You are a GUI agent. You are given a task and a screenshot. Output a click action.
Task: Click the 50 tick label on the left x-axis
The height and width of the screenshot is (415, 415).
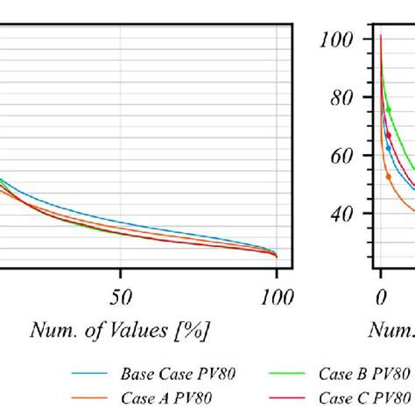pos(122,299)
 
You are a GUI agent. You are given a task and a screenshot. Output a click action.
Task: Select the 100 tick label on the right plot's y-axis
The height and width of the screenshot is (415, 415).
pos(335,40)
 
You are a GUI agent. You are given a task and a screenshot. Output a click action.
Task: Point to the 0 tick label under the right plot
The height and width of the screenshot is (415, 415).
pos(381,299)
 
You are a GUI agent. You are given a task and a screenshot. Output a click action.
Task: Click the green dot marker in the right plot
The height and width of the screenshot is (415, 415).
pos(389,109)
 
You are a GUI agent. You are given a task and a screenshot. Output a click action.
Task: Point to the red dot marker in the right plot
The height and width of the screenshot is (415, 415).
pos(389,135)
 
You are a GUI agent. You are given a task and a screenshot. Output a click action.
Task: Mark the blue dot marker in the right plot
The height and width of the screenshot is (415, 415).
pos(389,148)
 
